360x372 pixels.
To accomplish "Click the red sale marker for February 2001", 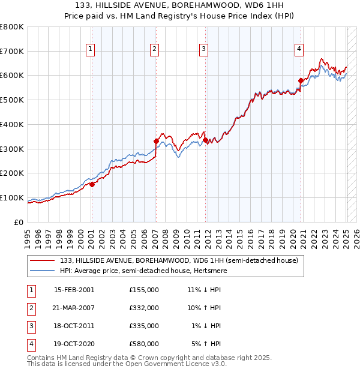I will click(x=92, y=185).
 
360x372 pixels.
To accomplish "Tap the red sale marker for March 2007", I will click(x=156, y=141).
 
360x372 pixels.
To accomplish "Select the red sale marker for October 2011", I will click(x=205, y=140).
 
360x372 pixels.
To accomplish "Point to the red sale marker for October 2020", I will click(x=301, y=80).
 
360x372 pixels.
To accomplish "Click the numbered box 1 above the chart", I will click(x=90, y=49).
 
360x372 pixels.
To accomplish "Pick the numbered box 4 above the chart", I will click(x=299, y=49).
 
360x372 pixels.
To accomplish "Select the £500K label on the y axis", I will click(x=12, y=100).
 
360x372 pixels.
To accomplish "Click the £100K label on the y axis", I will click(x=12, y=197).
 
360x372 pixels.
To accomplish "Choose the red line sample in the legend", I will click(x=43, y=260).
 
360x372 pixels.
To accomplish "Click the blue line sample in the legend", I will click(x=43, y=271).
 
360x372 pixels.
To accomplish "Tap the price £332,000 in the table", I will click(x=143, y=308).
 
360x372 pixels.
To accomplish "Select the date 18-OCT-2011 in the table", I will click(x=74, y=326).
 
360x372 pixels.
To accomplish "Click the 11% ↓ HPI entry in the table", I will click(x=204, y=290).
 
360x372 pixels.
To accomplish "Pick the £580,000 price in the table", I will click(x=143, y=344).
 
